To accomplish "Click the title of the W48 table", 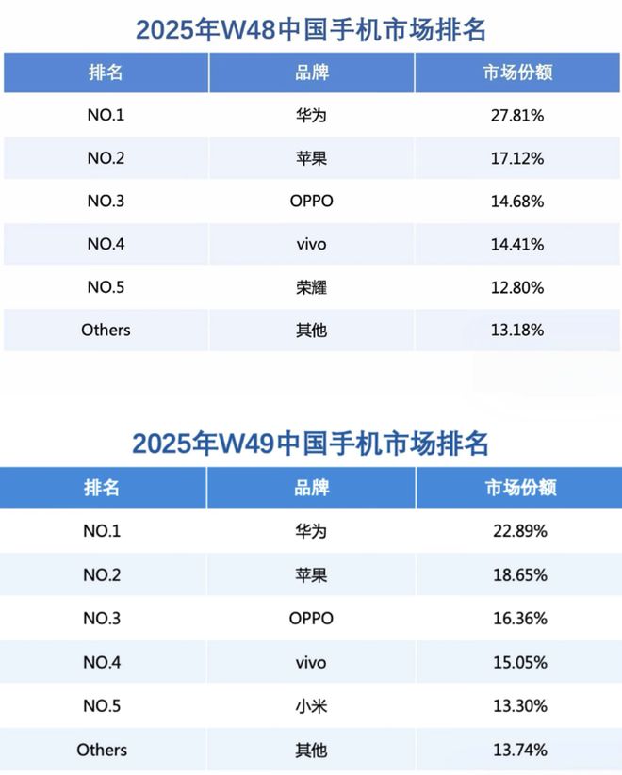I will click(x=311, y=30).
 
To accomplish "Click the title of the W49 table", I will click(x=311, y=444).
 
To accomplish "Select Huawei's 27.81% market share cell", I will click(x=516, y=116).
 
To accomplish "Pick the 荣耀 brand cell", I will click(x=311, y=287).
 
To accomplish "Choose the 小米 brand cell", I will click(x=311, y=706).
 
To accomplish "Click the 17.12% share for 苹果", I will click(x=516, y=159).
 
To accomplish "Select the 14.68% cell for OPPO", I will click(x=516, y=202).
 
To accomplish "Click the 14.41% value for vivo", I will click(x=516, y=245).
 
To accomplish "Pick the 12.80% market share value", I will click(x=516, y=287).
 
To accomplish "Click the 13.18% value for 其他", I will click(x=516, y=331).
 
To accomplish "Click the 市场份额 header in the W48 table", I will click(x=516, y=73).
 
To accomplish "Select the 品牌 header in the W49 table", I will click(x=311, y=488).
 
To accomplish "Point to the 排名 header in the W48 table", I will click(x=104, y=73).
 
